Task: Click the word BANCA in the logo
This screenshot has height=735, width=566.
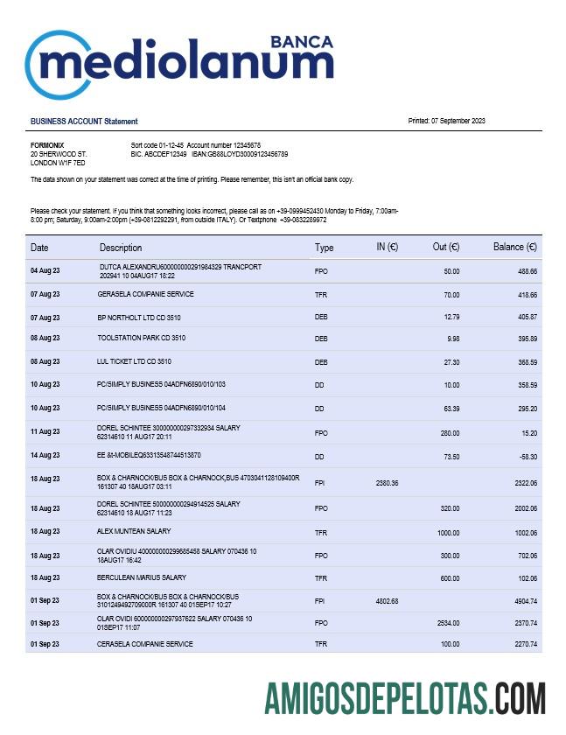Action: pos(302,41)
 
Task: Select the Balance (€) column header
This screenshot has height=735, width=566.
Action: pos(514,248)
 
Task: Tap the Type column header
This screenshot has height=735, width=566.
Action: pos(324,248)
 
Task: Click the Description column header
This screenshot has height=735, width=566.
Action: pos(121,248)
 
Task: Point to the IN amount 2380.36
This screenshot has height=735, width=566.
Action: pos(387,483)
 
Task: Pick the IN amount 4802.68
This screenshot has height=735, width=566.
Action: pos(387,601)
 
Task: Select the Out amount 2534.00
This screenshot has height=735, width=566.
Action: pos(447,623)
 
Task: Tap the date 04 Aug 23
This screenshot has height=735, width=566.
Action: pos(45,271)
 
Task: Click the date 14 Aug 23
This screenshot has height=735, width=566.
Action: pos(45,456)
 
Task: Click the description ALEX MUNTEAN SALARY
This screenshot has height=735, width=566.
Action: pos(134,531)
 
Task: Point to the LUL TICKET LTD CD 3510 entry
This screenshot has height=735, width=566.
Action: pos(134,361)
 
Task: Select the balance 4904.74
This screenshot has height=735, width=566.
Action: pos(523,601)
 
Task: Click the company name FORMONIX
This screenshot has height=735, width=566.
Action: pos(47,145)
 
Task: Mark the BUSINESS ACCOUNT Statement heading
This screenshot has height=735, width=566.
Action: pos(84,122)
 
